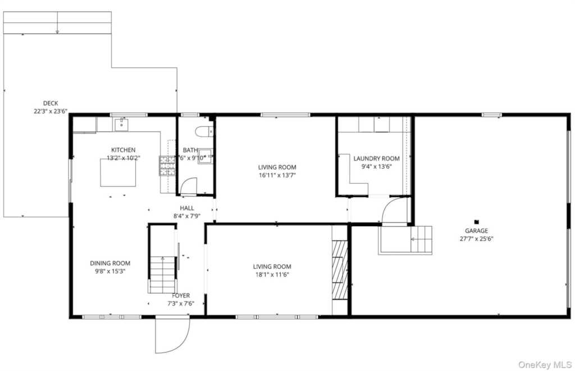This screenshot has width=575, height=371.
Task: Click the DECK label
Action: click(51, 103)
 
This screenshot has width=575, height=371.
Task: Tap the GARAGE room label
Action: click(476, 231)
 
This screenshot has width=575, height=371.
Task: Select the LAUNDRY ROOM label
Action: click(376, 158)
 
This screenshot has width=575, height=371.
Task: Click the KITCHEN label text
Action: click(123, 150)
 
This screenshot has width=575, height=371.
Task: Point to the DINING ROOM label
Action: click(110, 263)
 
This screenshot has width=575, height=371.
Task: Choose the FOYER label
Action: click(181, 295)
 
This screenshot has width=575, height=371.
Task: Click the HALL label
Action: click(187, 208)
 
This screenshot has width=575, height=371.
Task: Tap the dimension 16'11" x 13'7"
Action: click(277, 175)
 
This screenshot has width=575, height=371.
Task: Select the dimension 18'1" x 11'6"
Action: click(272, 274)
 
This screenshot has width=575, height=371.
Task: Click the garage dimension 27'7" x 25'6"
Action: click(476, 239)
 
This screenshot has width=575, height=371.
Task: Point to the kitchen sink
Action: click(121, 125)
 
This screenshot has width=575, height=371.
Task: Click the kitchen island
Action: click(118, 173)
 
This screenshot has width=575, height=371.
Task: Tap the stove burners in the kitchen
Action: click(167, 166)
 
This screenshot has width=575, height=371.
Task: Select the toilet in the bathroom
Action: click(204, 131)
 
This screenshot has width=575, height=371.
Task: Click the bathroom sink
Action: click(205, 156)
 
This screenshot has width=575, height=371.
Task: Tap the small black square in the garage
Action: click(476, 222)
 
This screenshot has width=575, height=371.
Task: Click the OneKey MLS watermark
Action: click(545, 364)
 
